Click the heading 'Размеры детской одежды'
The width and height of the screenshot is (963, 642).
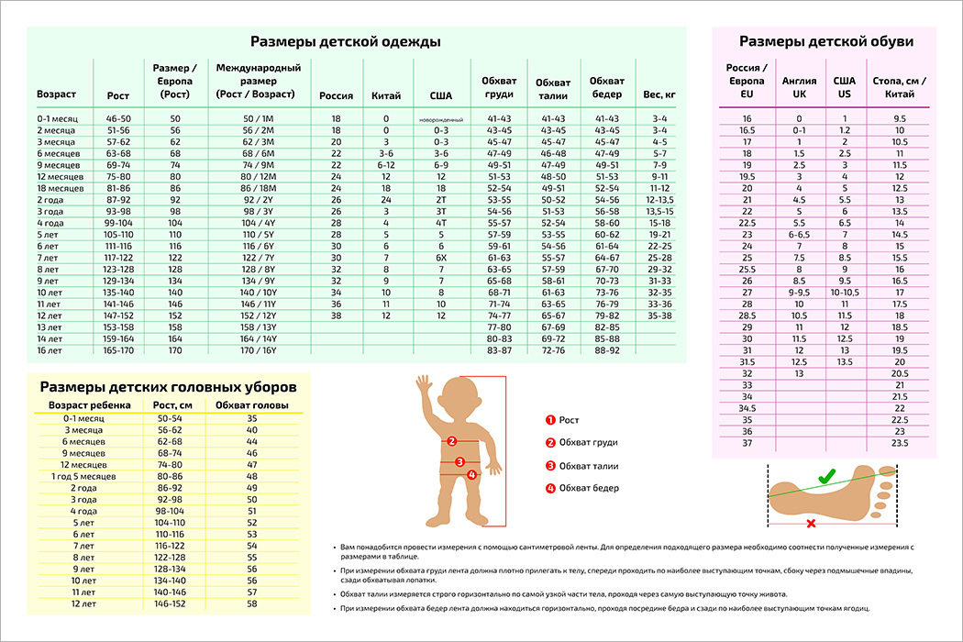[x=345, y=42]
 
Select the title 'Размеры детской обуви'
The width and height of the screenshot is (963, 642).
[x=825, y=41]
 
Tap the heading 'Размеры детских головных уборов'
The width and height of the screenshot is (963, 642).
[x=162, y=386]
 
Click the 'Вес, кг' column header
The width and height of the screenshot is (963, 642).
[x=659, y=94]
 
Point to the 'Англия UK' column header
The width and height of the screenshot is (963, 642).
[x=799, y=87]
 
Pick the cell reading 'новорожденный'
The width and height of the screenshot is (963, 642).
[x=440, y=120]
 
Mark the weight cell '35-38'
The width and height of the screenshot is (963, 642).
[x=659, y=314]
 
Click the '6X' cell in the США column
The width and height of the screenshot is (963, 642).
[x=440, y=257]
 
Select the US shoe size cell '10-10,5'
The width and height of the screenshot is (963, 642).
[x=844, y=292]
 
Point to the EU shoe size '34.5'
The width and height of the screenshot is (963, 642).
[x=747, y=407]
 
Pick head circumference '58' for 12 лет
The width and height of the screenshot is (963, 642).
[x=251, y=603]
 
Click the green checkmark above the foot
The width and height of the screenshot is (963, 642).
[x=826, y=476]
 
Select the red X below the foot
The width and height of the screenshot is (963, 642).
[x=811, y=524]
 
